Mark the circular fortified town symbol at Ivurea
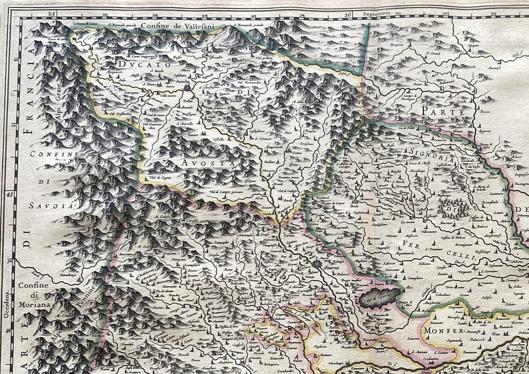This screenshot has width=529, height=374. [x=316, y=265]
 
